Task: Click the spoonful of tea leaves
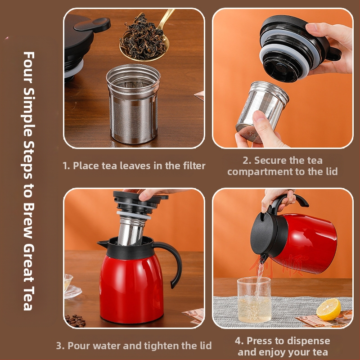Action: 143,38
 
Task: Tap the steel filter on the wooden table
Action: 133,104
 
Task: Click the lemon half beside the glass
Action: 328,309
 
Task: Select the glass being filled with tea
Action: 254,300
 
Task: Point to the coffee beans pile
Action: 75,320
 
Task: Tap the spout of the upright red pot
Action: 103,243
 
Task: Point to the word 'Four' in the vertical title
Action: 29,67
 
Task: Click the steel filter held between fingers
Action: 262,112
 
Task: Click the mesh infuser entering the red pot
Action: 131,231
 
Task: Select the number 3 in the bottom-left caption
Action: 59,346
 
